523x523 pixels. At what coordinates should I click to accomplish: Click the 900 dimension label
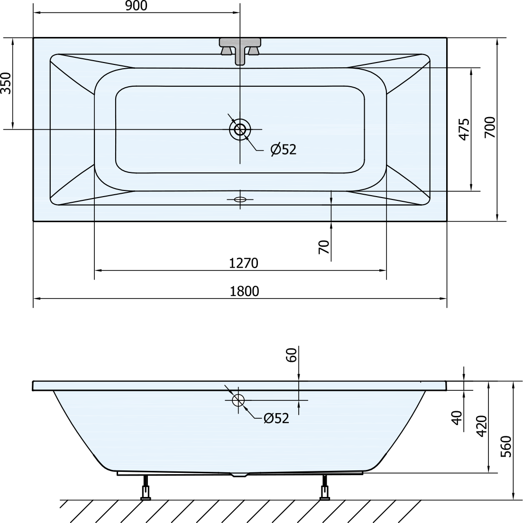[136, 6]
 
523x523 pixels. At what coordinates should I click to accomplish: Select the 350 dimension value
[6, 83]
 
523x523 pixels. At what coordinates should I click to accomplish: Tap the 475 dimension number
[464, 129]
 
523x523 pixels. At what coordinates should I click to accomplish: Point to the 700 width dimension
[490, 127]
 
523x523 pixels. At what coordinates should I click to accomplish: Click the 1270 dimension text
[244, 263]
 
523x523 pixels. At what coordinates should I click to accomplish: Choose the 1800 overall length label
[244, 291]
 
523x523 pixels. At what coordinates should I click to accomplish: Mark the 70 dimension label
[324, 247]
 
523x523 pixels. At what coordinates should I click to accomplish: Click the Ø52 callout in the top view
[284, 149]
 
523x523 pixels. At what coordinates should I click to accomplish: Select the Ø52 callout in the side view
[276, 418]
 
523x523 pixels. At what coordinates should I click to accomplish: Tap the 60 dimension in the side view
[291, 355]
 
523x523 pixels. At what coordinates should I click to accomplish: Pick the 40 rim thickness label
[457, 418]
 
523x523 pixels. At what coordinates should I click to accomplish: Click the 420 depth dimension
[482, 426]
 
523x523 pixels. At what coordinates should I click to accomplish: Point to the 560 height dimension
[506, 447]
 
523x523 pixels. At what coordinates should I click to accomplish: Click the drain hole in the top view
[240, 129]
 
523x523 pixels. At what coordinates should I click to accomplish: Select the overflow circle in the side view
[239, 400]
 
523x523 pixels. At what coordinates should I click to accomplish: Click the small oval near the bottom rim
[240, 199]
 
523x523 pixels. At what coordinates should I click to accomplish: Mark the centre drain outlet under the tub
[239, 475]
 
